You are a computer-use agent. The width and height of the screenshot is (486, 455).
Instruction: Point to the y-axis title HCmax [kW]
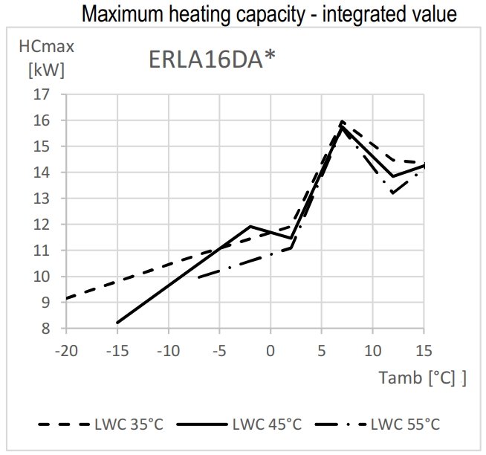click(46, 59)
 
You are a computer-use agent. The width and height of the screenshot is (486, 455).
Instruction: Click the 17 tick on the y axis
click(41, 94)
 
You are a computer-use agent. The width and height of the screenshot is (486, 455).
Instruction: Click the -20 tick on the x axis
click(65, 350)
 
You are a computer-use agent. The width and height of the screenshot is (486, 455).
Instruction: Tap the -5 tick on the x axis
click(219, 350)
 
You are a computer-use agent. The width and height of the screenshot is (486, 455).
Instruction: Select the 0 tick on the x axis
click(270, 350)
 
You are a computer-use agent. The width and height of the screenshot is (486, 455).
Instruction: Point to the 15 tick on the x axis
click(424, 350)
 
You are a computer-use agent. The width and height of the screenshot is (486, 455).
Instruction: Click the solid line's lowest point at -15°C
click(117, 323)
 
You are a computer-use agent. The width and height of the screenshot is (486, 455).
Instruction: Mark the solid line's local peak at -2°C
click(250, 226)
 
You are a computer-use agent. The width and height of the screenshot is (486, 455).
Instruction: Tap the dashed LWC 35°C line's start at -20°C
click(67, 298)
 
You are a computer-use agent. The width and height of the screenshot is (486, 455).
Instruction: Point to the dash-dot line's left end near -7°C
click(199, 277)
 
